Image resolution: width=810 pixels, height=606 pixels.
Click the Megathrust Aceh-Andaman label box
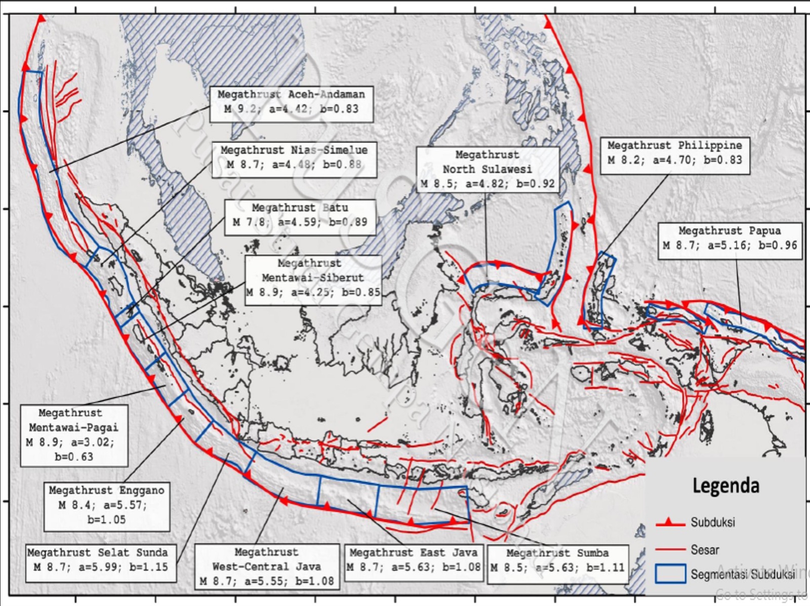(x=292, y=104)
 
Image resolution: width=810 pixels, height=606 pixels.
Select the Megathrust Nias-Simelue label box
(x=294, y=159)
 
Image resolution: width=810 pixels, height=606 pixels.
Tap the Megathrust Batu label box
(x=300, y=217)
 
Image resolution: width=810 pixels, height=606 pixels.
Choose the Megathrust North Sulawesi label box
(x=488, y=170)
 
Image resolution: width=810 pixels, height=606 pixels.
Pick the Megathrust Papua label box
(x=730, y=240)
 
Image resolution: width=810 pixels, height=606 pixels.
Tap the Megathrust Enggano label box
(x=106, y=506)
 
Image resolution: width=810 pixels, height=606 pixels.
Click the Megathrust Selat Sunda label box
(x=101, y=562)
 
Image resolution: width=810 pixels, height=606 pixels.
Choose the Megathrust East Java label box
(x=413, y=560)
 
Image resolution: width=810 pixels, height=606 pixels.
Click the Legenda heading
(x=726, y=486)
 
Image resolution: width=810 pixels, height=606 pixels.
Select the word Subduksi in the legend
(x=713, y=522)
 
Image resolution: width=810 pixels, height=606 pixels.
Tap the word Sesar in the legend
(x=705, y=550)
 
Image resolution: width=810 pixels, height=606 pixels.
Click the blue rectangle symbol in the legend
(x=670, y=574)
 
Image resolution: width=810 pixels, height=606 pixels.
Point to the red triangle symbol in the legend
(x=669, y=521)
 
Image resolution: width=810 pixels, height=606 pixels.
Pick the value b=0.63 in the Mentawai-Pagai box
(x=74, y=457)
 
